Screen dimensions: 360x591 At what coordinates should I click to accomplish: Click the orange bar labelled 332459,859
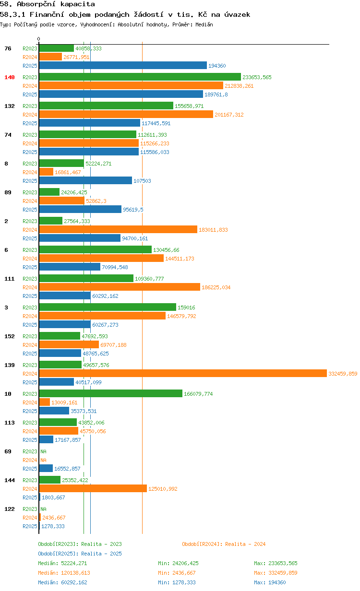tap(183, 373)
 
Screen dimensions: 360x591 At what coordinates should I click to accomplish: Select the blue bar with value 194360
tap(123, 65)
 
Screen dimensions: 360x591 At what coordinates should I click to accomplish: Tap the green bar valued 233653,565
tap(140, 77)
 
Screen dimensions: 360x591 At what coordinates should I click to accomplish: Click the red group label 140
tap(10, 77)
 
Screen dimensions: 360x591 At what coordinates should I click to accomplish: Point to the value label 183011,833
tap(213, 230)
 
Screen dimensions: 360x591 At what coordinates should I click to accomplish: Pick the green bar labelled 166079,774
tap(111, 393)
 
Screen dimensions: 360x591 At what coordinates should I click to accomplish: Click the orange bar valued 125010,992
tap(93, 488)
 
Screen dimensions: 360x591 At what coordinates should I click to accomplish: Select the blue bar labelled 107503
tap(85, 180)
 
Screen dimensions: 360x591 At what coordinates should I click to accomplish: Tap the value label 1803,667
tap(53, 497)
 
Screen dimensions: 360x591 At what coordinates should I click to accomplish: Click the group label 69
tap(8, 451)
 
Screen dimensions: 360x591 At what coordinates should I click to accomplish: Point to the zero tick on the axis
tap(39, 39)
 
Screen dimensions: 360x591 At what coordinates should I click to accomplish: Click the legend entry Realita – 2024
tap(224, 544)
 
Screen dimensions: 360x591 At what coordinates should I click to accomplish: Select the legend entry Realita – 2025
tap(80, 554)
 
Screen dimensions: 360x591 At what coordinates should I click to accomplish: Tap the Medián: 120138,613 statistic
tap(64, 573)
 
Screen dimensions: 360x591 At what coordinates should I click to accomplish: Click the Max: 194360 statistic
tap(270, 582)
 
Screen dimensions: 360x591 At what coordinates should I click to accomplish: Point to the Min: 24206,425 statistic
tap(178, 563)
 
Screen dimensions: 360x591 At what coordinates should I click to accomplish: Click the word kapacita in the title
tap(78, 4)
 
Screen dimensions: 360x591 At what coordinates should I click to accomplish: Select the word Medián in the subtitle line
tap(204, 24)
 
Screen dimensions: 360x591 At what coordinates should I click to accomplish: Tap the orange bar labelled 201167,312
tap(126, 114)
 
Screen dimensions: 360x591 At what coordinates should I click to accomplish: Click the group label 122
tap(10, 509)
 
